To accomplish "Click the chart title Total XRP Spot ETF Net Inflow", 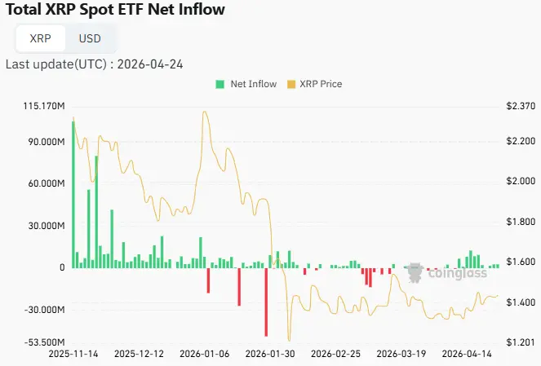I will pyautogui.click(x=115, y=11).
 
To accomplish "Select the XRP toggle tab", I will pyautogui.click(x=40, y=38).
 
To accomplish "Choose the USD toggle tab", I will pyautogui.click(x=90, y=38).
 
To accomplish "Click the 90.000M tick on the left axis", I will pyautogui.click(x=46, y=142).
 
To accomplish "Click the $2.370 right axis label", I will pyautogui.click(x=520, y=106).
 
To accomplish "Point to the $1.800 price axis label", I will pyautogui.click(x=520, y=222).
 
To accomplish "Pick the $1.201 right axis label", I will pyautogui.click(x=520, y=342).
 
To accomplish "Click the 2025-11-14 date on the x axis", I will pyautogui.click(x=73, y=355).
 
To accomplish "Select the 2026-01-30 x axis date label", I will pyautogui.click(x=270, y=355).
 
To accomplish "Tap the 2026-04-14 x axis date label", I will pyautogui.click(x=467, y=355).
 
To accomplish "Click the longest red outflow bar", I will pyautogui.click(x=266, y=302).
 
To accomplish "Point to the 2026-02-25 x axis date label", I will pyautogui.click(x=336, y=355).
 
